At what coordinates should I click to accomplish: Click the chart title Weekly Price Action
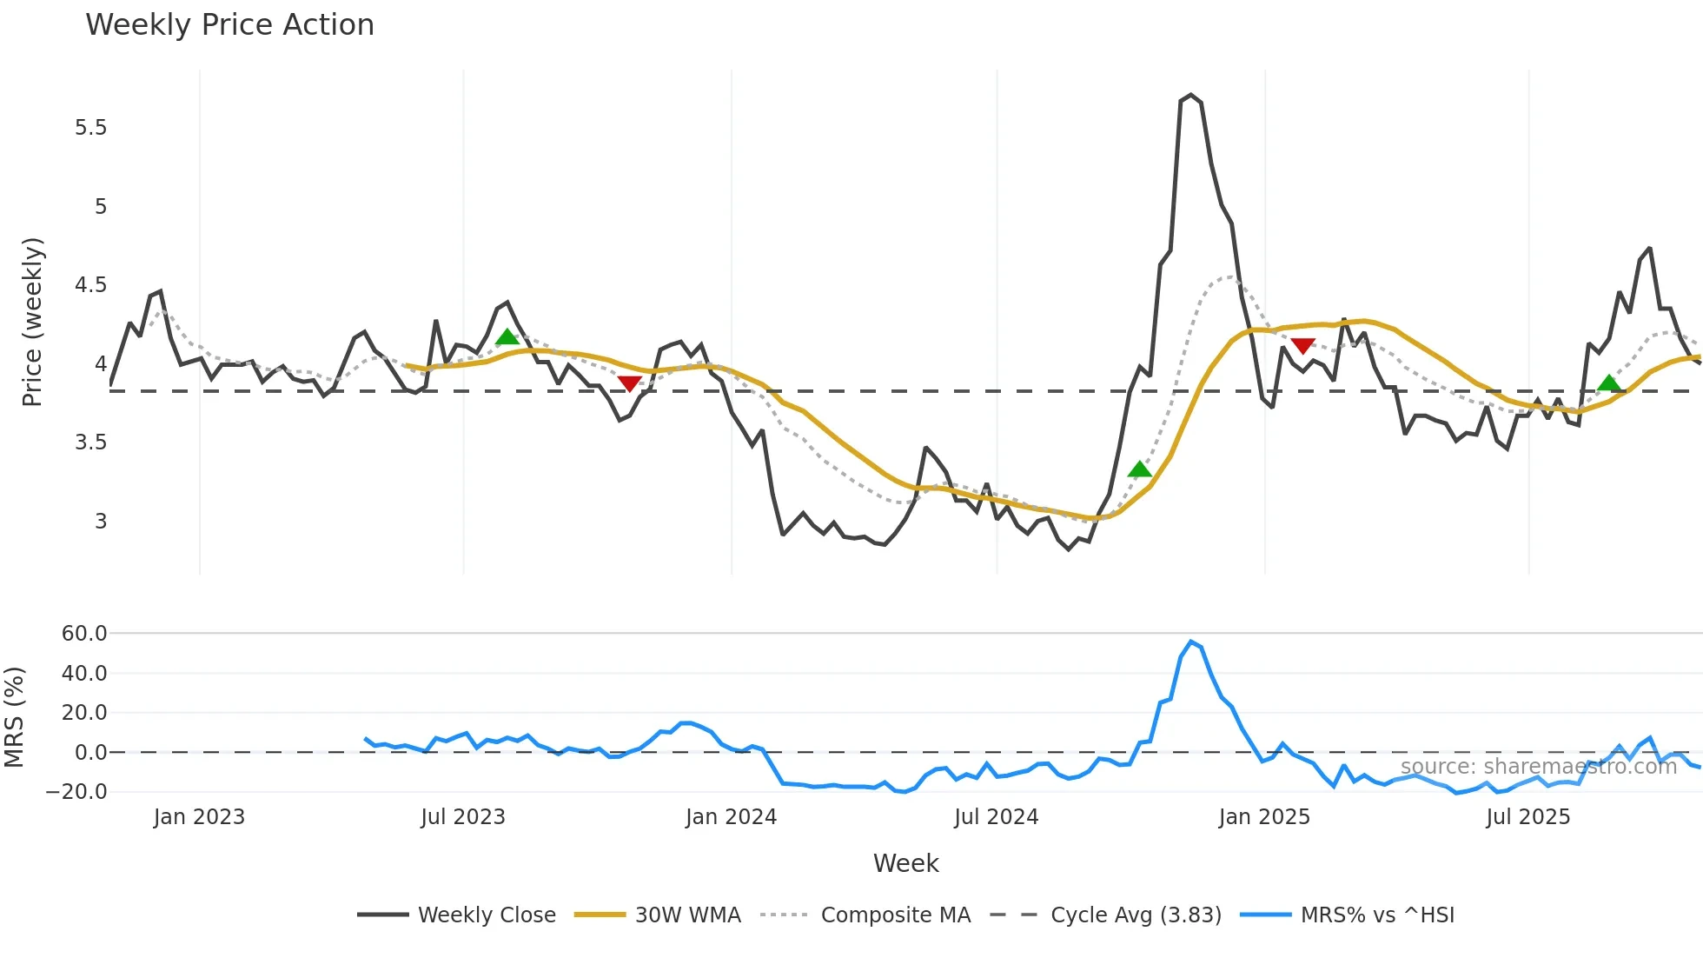(229, 25)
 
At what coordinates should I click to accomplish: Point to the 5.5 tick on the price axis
(90, 128)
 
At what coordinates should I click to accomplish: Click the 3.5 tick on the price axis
(90, 442)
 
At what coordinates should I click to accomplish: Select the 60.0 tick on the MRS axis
(84, 634)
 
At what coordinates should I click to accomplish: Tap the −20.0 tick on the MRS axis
(76, 792)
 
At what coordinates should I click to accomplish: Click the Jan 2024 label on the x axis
(731, 817)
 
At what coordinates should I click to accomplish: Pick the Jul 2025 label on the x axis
(1527, 817)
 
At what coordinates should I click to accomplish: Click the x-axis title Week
(905, 863)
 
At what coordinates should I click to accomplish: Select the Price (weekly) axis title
(32, 322)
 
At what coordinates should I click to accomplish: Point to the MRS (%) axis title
(14, 717)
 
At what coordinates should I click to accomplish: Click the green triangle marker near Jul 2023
(507, 337)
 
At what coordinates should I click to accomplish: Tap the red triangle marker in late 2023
(630, 383)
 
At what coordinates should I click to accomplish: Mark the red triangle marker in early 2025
(1302, 346)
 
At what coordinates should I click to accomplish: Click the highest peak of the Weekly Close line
(1190, 95)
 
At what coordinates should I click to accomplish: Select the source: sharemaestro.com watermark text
(1538, 767)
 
